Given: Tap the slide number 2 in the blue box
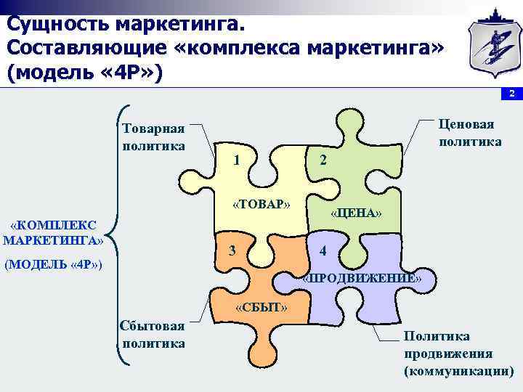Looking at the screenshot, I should pyautogui.click(x=511, y=94).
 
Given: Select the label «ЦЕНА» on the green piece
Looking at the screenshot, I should pyautogui.click(x=356, y=213).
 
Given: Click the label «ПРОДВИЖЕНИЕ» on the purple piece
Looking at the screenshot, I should pyautogui.click(x=361, y=278).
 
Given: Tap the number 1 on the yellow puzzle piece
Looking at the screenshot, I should pyautogui.click(x=238, y=160).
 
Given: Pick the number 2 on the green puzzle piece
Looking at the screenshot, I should pyautogui.click(x=323, y=160).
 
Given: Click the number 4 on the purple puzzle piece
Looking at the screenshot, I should pyautogui.click(x=323, y=252).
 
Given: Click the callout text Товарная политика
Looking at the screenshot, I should pyautogui.click(x=153, y=136).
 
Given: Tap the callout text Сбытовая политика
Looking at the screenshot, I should pyautogui.click(x=153, y=335).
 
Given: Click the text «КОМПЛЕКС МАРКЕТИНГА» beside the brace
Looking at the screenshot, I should pyautogui.click(x=54, y=232).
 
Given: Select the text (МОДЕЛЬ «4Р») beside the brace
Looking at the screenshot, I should pyautogui.click(x=53, y=265).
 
